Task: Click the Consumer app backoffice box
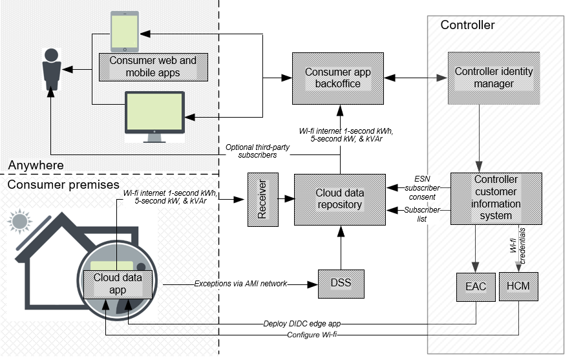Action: click(337, 78)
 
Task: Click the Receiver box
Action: click(262, 199)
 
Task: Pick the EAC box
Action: click(475, 286)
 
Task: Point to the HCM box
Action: click(518, 286)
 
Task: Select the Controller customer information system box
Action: click(496, 198)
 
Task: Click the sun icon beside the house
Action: click(20, 222)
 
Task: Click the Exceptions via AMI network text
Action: click(242, 284)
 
